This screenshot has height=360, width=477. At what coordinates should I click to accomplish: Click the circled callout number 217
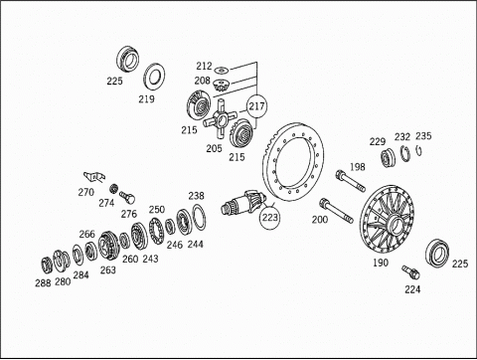[257, 106]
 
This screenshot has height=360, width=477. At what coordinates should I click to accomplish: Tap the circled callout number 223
[270, 218]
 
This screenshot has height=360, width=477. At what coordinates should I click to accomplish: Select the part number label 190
[381, 263]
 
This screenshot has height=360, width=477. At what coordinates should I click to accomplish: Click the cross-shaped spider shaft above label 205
[220, 118]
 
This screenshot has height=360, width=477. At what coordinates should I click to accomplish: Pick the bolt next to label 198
[351, 181]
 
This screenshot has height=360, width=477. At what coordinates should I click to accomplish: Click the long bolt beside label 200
[336, 210]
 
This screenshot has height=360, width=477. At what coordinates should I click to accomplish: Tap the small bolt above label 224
[410, 272]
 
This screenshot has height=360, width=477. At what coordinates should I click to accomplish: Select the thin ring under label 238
[199, 217]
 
